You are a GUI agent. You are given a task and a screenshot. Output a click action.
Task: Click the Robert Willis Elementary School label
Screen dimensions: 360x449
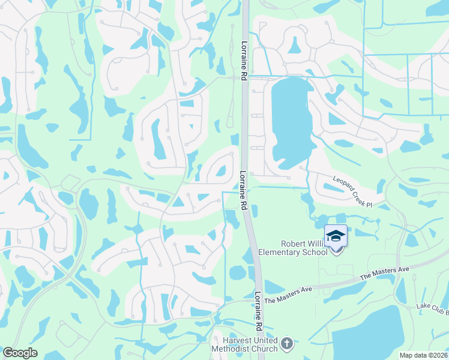pos(293,248)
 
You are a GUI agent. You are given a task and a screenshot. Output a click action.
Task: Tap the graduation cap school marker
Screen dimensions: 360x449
pos(336,236)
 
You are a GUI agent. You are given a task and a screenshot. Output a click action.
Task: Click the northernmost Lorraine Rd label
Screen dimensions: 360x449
pos(244,61)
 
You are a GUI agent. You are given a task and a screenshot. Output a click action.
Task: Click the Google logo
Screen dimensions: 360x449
pos(20,353)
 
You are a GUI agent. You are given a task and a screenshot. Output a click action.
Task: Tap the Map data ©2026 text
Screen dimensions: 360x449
pos(423,355)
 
